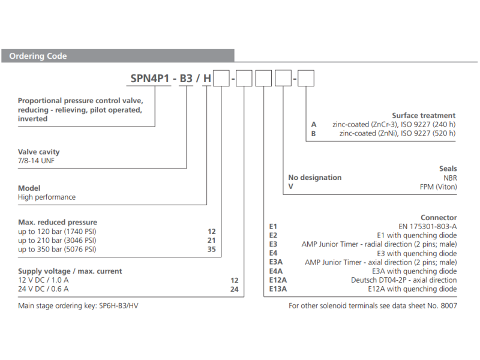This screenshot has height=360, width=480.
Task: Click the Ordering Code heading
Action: point(38,56)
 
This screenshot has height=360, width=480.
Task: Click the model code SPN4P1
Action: point(150,78)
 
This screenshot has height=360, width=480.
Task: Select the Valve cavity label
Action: point(39,152)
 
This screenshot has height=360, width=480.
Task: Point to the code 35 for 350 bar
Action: point(211,249)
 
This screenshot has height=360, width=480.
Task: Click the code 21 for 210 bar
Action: point(211,240)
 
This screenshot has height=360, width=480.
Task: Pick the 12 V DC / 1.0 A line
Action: point(43,280)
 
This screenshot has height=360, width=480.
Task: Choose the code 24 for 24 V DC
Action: point(235,289)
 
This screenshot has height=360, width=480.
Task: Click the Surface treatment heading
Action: point(424,115)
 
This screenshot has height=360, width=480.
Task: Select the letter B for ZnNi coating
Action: point(313,133)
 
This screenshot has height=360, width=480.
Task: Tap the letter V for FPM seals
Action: point(290,187)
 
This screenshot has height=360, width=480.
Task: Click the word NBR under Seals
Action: point(449,178)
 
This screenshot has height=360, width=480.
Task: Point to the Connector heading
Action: point(439,217)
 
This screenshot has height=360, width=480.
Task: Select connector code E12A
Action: point(278,280)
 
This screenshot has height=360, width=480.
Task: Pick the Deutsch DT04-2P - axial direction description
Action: point(404,280)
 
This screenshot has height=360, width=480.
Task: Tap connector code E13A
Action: point(278,289)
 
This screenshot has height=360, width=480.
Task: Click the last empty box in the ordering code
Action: point(306,78)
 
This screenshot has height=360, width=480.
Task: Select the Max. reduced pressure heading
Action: point(58,222)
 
